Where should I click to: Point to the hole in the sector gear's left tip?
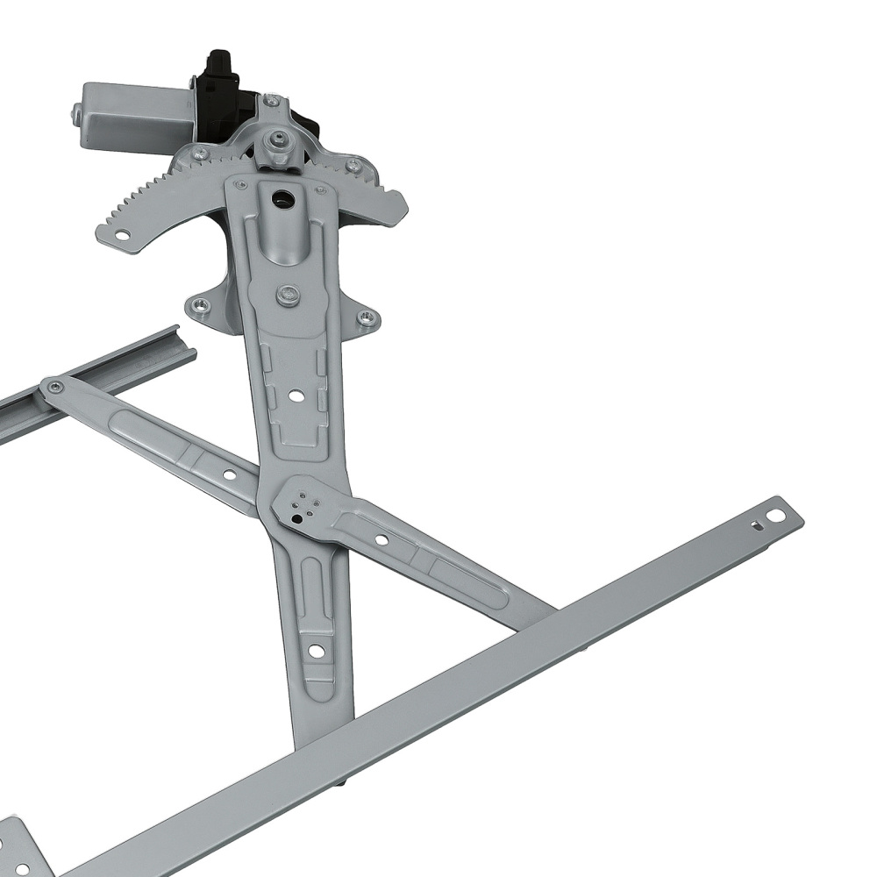tap(123, 235)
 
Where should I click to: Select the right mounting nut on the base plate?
tap(367, 317)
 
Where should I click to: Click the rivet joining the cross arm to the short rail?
tap(56, 387)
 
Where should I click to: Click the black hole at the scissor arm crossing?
tap(297, 518)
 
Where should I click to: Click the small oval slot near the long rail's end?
tap(754, 526)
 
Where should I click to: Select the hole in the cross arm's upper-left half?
tap(229, 474)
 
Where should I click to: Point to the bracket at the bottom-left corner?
tap(22, 851)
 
